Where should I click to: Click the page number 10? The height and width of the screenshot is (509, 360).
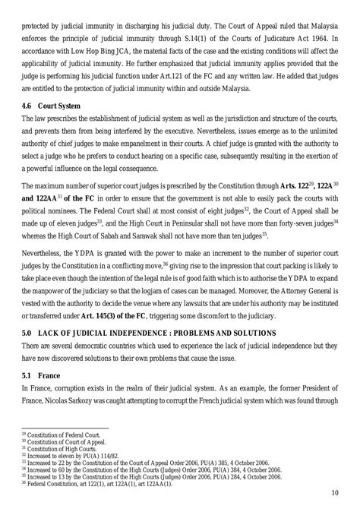coord(335,493)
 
